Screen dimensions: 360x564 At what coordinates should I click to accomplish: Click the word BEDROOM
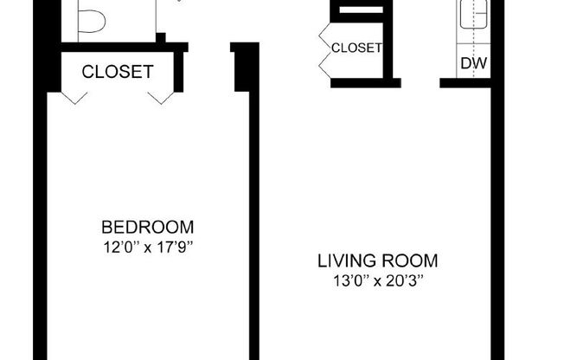coord(148,228)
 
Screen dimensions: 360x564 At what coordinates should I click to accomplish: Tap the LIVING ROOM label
coord(378,260)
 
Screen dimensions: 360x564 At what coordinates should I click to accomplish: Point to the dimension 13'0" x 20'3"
coord(378,280)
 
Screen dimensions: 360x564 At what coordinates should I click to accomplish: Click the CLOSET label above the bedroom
coord(118,72)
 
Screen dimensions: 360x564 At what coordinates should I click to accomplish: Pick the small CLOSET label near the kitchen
coord(356,48)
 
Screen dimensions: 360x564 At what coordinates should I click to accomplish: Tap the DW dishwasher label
coord(471,63)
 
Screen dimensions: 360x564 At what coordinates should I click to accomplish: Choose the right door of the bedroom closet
coord(160,97)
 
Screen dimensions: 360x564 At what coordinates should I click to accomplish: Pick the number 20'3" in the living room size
coord(406,280)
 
